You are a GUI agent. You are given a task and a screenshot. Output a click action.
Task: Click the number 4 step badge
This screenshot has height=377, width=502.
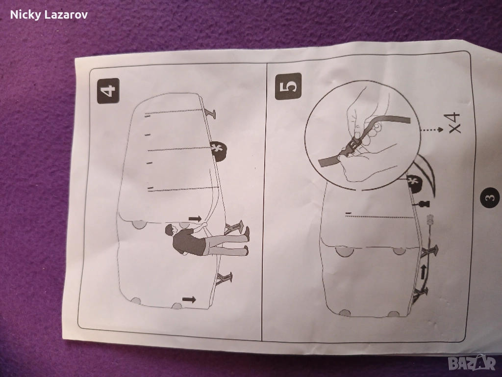[x=108, y=90]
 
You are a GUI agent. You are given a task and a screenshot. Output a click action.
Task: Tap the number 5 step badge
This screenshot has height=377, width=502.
[x=288, y=86]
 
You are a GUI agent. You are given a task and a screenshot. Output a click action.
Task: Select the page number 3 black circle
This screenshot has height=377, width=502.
[x=490, y=197]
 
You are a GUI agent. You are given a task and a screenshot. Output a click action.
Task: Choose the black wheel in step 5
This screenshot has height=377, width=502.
[x=414, y=184]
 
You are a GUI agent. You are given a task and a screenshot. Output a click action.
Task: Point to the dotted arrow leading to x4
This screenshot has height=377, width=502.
[x=431, y=130]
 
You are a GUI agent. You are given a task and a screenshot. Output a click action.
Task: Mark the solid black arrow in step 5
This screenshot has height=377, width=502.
[x=423, y=272]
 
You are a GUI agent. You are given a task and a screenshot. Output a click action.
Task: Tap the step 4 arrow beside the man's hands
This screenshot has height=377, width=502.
[x=195, y=219]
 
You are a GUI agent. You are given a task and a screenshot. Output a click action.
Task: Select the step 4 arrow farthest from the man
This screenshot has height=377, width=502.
[x=189, y=299]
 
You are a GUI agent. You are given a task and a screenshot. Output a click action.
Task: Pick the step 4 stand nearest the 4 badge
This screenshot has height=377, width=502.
[x=211, y=113]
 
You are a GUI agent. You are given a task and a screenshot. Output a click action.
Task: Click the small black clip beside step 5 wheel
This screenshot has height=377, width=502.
[x=423, y=204]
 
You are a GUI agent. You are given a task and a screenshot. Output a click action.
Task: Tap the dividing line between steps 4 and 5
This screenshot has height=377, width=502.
[x=265, y=202]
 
